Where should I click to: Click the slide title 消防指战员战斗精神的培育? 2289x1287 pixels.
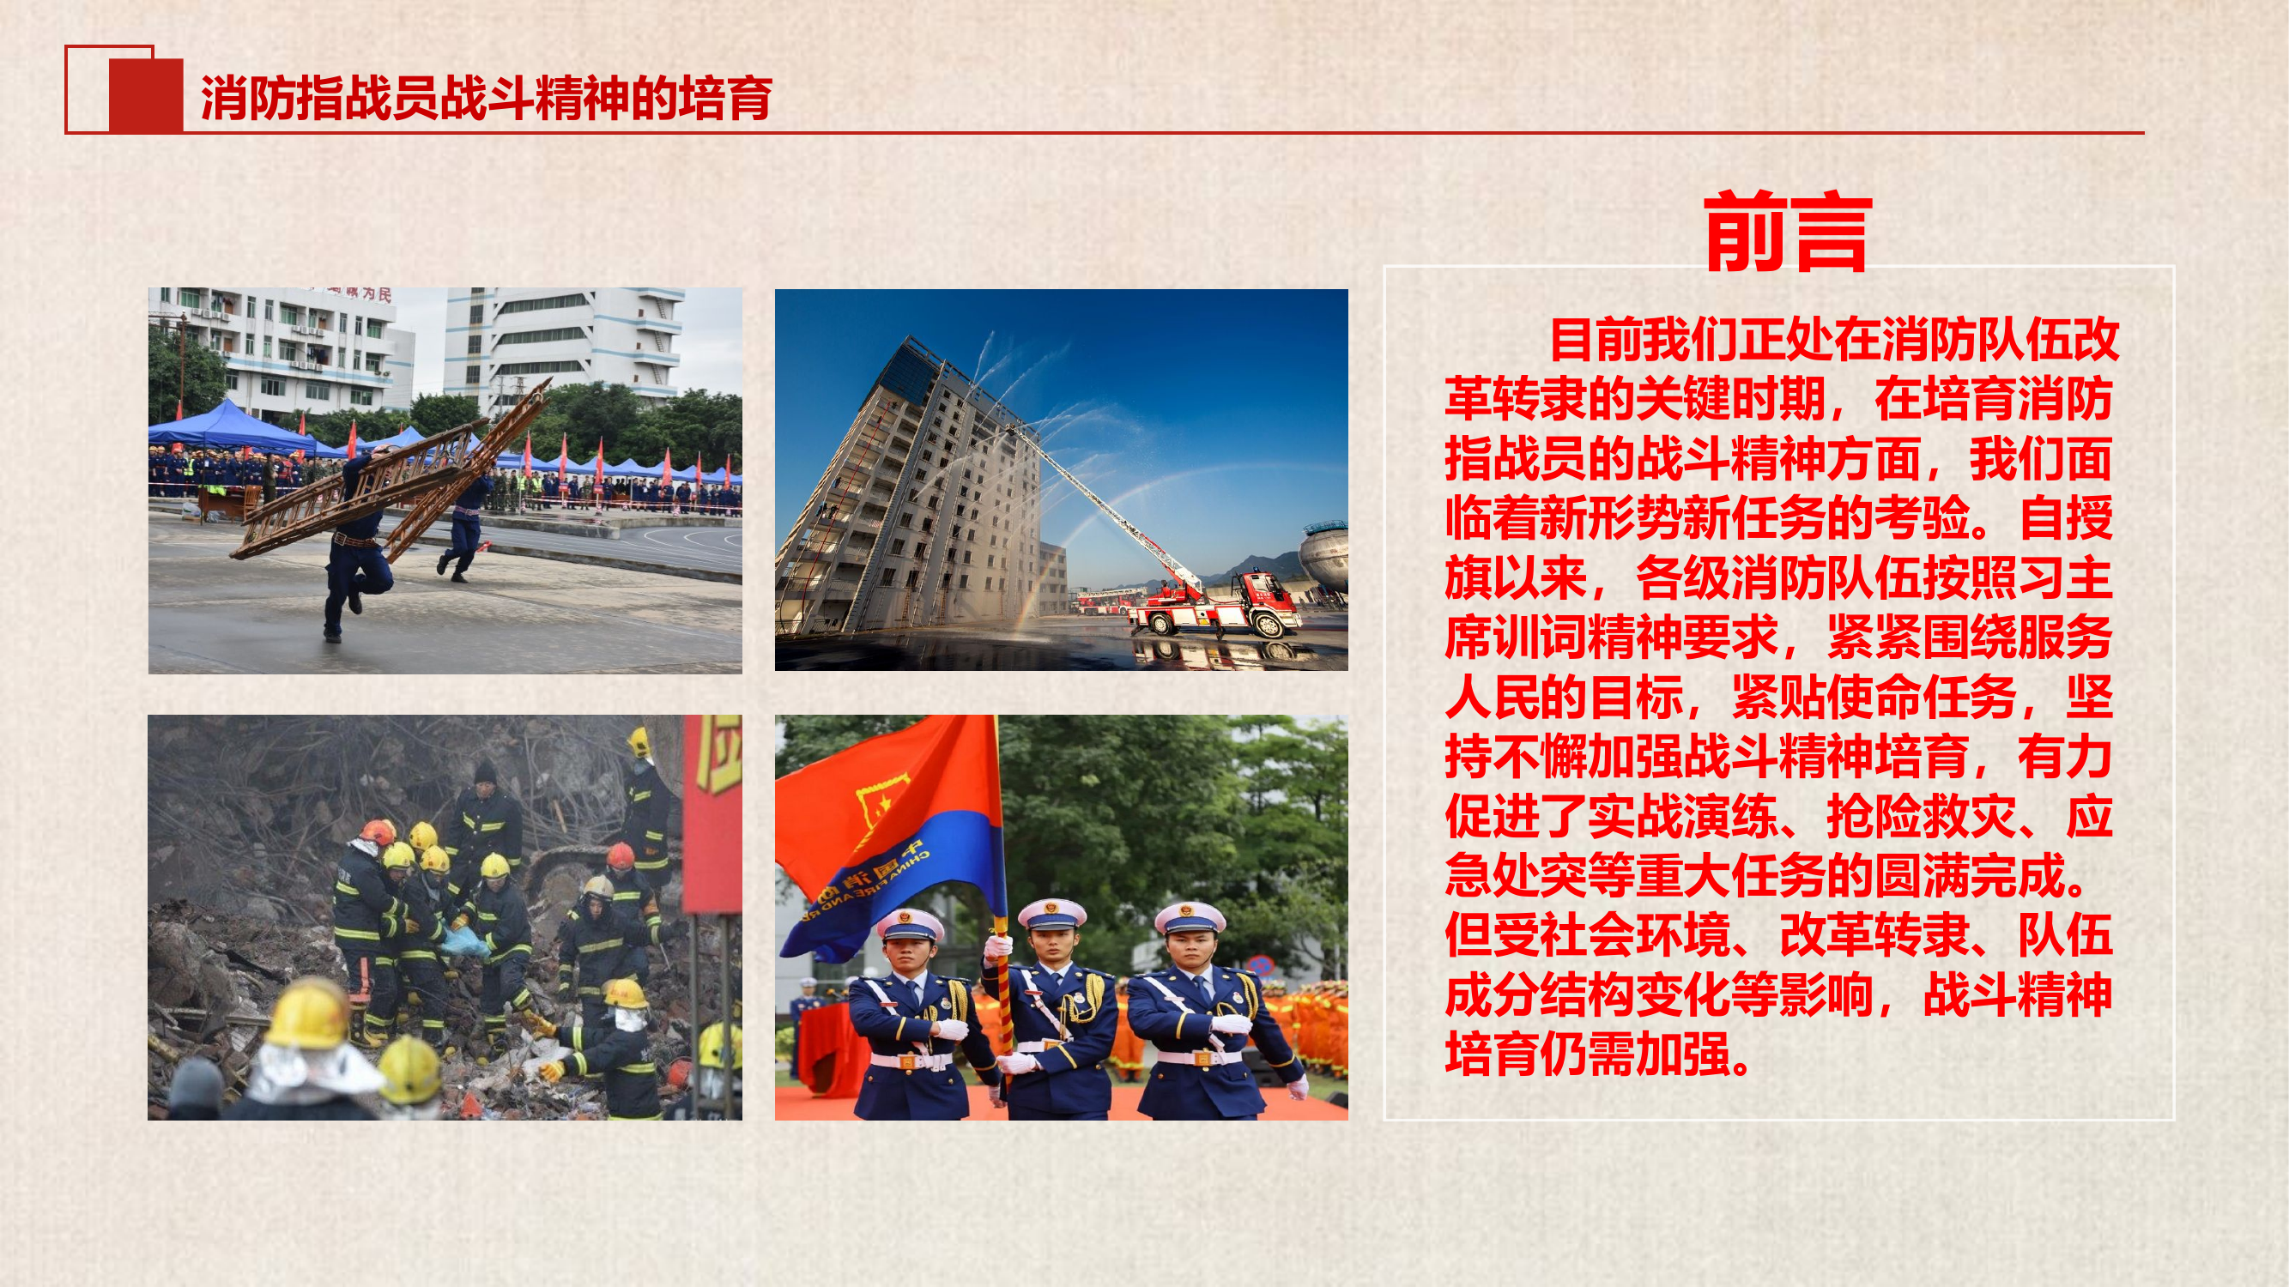click(486, 98)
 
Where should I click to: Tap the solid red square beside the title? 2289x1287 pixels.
click(146, 95)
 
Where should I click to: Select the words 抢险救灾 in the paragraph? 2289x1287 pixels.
click(1921, 816)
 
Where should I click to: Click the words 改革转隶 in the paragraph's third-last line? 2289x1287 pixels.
click(1874, 935)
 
